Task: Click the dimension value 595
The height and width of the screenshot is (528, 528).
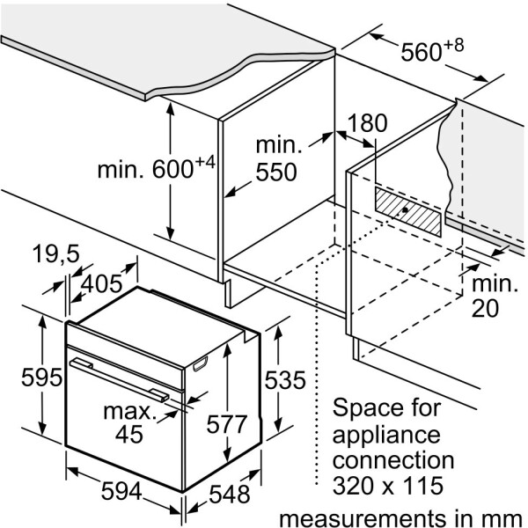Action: click(x=41, y=378)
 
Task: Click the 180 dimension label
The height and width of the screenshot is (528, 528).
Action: click(x=367, y=122)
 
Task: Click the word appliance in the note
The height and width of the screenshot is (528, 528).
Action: click(x=385, y=433)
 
